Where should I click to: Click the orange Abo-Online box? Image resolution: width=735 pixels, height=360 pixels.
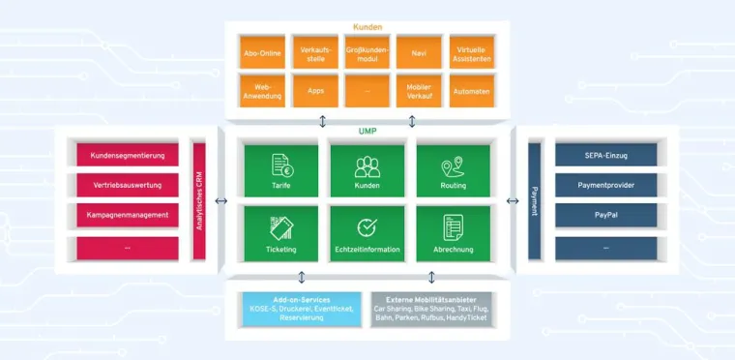(x=263, y=53)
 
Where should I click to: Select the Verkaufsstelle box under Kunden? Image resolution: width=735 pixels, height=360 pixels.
(x=315, y=53)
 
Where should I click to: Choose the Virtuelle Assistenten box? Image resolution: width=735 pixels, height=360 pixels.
(x=472, y=53)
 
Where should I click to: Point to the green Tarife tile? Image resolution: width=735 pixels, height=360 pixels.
(x=281, y=170)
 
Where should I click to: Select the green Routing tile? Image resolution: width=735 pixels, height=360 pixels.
(x=453, y=170)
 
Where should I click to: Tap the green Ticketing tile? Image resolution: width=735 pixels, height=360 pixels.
(x=281, y=233)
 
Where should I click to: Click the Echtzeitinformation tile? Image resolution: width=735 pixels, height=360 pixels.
(x=367, y=233)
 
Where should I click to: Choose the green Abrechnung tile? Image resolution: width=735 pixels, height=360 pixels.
(x=453, y=233)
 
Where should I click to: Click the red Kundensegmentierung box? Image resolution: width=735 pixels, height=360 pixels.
(x=127, y=155)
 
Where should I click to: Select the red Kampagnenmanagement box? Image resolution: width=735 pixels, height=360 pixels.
(x=127, y=215)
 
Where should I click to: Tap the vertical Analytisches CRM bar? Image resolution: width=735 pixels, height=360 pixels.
(x=200, y=200)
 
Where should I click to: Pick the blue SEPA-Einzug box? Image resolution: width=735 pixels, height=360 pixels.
(x=606, y=155)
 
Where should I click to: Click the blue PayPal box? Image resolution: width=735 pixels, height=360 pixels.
(x=606, y=215)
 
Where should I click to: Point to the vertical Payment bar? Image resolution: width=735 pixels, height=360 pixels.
(x=535, y=200)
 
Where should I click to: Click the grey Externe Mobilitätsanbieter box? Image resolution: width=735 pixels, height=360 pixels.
(x=431, y=309)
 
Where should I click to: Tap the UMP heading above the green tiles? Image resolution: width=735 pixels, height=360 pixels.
(x=367, y=133)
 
